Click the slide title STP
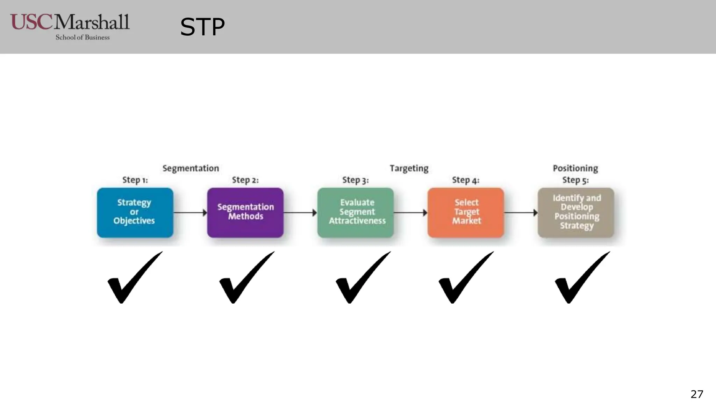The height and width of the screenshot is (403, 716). [202, 27]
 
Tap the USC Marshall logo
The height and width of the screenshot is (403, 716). [70, 23]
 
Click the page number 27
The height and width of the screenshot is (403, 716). [696, 394]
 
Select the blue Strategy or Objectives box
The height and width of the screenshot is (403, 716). [135, 212]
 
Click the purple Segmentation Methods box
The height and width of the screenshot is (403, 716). [245, 212]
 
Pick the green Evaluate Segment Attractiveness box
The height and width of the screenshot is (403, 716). [356, 212]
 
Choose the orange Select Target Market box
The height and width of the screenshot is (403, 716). [466, 212]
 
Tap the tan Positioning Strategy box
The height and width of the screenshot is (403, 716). [576, 212]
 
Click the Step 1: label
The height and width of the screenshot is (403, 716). [135, 180]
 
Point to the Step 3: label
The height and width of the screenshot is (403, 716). [355, 180]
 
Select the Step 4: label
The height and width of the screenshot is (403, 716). [465, 180]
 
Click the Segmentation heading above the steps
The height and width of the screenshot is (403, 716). [191, 168]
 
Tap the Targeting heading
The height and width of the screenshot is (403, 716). [409, 168]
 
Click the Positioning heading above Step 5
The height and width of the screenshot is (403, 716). [575, 168]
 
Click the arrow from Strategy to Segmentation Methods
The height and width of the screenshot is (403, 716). [190, 212]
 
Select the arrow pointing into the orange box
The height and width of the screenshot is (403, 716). [410, 212]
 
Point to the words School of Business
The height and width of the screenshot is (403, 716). [83, 37]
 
